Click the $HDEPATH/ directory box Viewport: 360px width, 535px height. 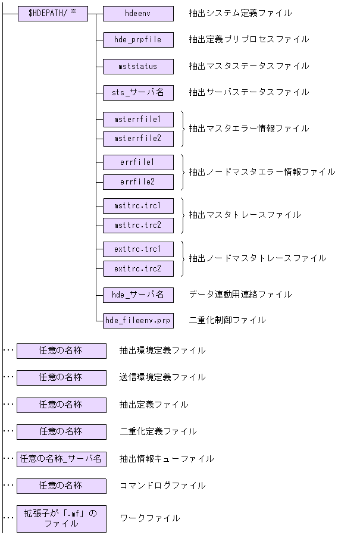[x=52, y=14]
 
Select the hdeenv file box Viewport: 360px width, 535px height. [x=138, y=14]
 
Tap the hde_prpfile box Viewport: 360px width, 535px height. [x=138, y=40]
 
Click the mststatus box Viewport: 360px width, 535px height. [x=138, y=66]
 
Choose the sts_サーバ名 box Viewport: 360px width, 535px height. [x=138, y=92]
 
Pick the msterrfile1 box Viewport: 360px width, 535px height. [x=138, y=119]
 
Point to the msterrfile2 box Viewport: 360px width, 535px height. [x=138, y=139]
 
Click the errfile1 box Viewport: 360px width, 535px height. [x=138, y=162]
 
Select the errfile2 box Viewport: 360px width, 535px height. [x=138, y=182]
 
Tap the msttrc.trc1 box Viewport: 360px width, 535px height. [x=138, y=206]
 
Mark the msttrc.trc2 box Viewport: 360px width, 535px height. [x=138, y=226]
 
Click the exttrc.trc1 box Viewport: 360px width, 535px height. [x=138, y=249]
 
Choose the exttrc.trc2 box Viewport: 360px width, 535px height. [x=138, y=268]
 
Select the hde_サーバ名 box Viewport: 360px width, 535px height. [x=138, y=295]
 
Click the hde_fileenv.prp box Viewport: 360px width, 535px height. [x=138, y=320]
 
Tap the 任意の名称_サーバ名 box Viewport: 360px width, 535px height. [x=61, y=459]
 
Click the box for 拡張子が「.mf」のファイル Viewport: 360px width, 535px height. [x=61, y=518]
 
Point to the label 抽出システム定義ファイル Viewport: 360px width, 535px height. [x=240, y=13]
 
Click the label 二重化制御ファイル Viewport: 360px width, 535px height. [x=227, y=320]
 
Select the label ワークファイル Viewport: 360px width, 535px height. [x=149, y=518]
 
